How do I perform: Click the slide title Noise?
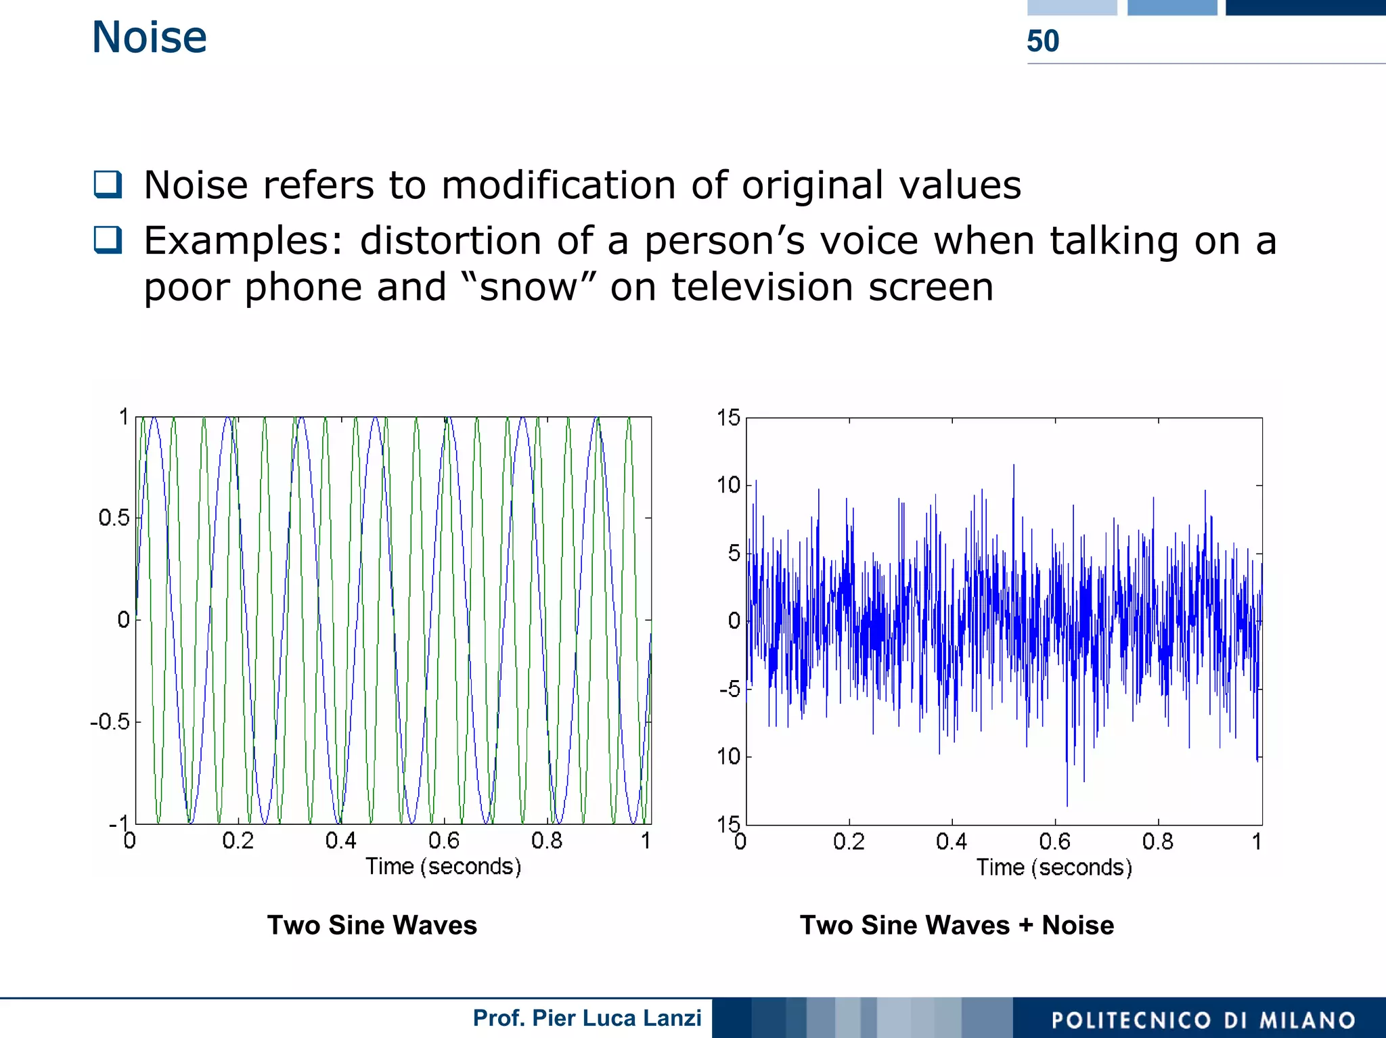[x=149, y=37]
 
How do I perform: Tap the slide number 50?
[x=1042, y=41]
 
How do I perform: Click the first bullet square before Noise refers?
[x=108, y=185]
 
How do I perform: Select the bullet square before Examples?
[x=108, y=240]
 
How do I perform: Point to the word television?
[x=762, y=287]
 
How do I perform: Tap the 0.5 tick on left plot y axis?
[x=114, y=518]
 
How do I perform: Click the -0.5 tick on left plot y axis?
[x=110, y=722]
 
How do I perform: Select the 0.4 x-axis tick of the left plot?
[x=340, y=841]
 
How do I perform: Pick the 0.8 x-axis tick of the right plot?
[x=1157, y=842]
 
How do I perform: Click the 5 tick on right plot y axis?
[x=734, y=554]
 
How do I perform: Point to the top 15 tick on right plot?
[x=729, y=418]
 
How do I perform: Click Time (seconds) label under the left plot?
[x=443, y=867]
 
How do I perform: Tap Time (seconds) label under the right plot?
[x=1054, y=867]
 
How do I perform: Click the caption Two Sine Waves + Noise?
[x=956, y=925]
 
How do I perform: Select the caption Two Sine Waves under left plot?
[x=372, y=925]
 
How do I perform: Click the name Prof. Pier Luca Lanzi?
[x=587, y=1018]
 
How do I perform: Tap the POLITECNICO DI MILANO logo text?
[x=1203, y=1020]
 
